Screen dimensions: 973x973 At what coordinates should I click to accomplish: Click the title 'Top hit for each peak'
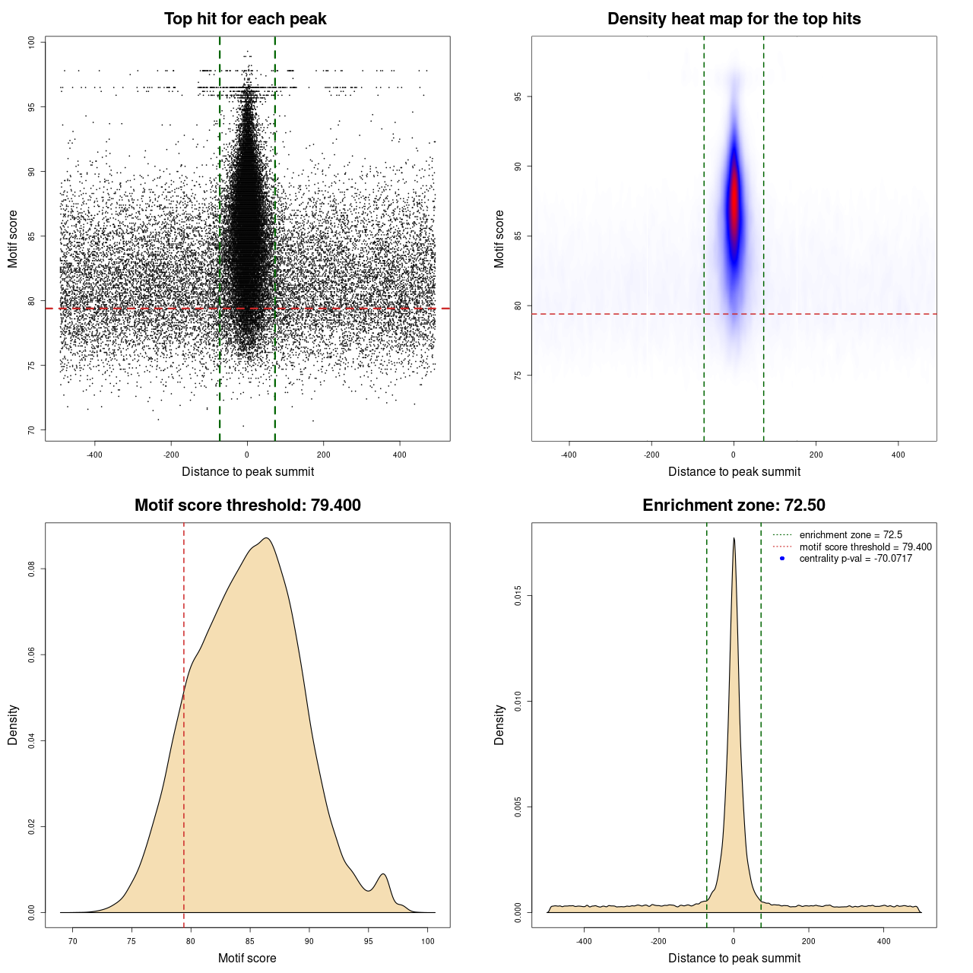(x=245, y=19)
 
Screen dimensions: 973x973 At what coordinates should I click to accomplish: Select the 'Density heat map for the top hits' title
(x=734, y=19)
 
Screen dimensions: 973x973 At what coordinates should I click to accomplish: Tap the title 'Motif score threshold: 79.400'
(x=247, y=506)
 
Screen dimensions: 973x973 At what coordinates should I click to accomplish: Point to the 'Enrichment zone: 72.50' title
(x=734, y=506)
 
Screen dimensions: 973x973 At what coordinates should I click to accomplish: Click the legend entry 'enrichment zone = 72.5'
(x=850, y=535)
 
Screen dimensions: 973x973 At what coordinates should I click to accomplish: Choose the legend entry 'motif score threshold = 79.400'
(x=865, y=547)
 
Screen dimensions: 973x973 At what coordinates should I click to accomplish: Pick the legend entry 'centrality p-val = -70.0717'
(x=855, y=559)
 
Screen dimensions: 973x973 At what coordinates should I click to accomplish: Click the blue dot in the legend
(x=782, y=559)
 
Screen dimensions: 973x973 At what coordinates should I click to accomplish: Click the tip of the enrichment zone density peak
(x=734, y=539)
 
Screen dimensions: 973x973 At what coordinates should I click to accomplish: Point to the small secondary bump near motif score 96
(x=383, y=875)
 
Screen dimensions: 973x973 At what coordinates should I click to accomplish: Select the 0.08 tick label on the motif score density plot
(x=31, y=569)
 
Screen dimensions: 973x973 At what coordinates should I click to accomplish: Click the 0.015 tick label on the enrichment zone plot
(x=518, y=597)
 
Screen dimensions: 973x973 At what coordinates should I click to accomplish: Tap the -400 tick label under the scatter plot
(x=94, y=455)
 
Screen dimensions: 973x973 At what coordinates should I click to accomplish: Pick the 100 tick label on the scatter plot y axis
(x=31, y=43)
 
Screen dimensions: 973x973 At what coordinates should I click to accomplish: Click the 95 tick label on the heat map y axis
(x=518, y=97)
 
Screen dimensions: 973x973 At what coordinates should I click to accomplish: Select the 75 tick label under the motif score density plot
(x=132, y=941)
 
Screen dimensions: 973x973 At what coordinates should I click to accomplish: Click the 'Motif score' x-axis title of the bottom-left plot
(x=247, y=958)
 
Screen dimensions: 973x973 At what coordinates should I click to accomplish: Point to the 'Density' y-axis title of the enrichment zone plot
(x=499, y=724)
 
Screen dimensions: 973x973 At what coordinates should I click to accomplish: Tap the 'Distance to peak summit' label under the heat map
(x=734, y=471)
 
